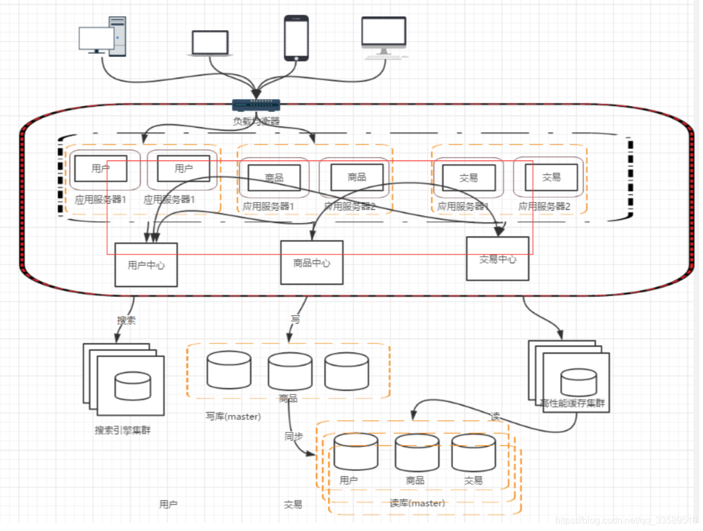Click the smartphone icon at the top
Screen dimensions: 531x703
(297, 38)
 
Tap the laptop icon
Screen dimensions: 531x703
(210, 44)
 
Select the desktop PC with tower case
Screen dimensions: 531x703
(103, 37)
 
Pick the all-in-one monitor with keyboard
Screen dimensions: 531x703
(384, 38)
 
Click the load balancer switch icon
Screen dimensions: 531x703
(256, 104)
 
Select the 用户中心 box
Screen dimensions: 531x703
(146, 265)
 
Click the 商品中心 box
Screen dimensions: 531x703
(312, 263)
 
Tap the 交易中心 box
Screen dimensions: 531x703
(497, 258)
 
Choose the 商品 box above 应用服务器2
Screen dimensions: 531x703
(357, 177)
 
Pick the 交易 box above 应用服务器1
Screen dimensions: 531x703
(469, 177)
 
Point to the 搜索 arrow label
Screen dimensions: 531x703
(126, 320)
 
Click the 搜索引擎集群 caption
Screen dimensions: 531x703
(123, 431)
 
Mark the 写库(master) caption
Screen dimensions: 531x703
(233, 417)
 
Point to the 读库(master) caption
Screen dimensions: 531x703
(417, 503)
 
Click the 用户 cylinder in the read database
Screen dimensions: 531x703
(355, 452)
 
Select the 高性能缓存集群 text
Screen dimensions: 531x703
(573, 403)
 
